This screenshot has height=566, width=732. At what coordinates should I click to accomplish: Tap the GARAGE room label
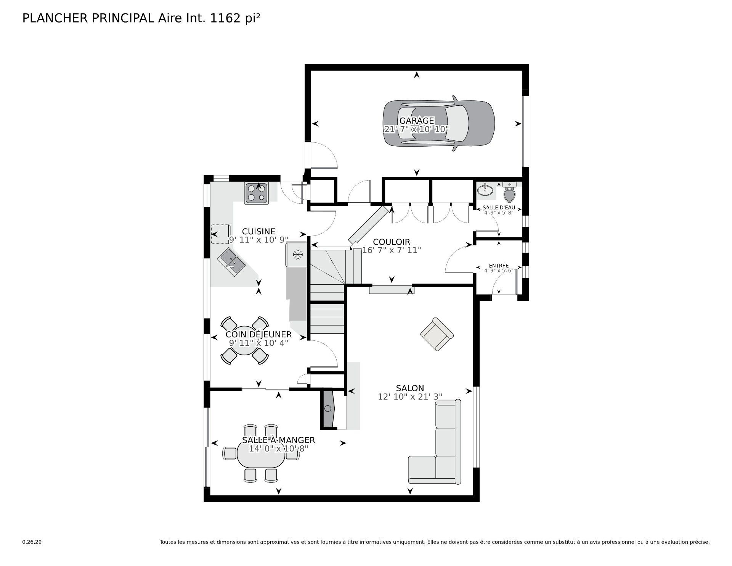416,121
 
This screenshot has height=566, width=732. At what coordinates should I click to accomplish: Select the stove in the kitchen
256,193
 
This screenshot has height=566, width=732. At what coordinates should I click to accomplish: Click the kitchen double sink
231,261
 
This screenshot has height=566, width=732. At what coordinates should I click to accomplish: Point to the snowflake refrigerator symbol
297,255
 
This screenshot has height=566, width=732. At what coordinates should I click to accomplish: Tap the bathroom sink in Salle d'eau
485,189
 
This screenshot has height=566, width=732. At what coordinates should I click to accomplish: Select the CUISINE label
258,231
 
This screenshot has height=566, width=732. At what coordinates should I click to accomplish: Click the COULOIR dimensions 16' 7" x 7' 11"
392,250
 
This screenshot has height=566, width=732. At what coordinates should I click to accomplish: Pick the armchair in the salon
437,334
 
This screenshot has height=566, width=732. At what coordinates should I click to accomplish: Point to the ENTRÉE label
499,266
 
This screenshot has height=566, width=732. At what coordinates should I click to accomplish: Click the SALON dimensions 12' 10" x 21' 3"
410,397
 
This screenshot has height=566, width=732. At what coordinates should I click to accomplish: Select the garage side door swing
324,155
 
